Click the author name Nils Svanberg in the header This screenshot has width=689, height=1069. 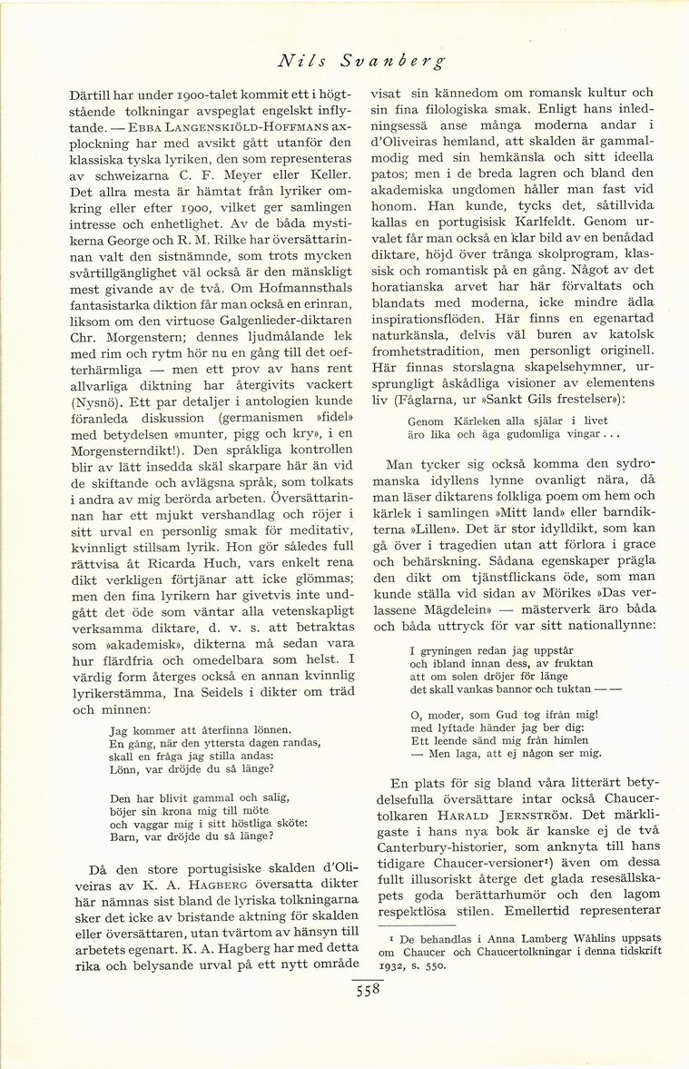click(362, 63)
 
